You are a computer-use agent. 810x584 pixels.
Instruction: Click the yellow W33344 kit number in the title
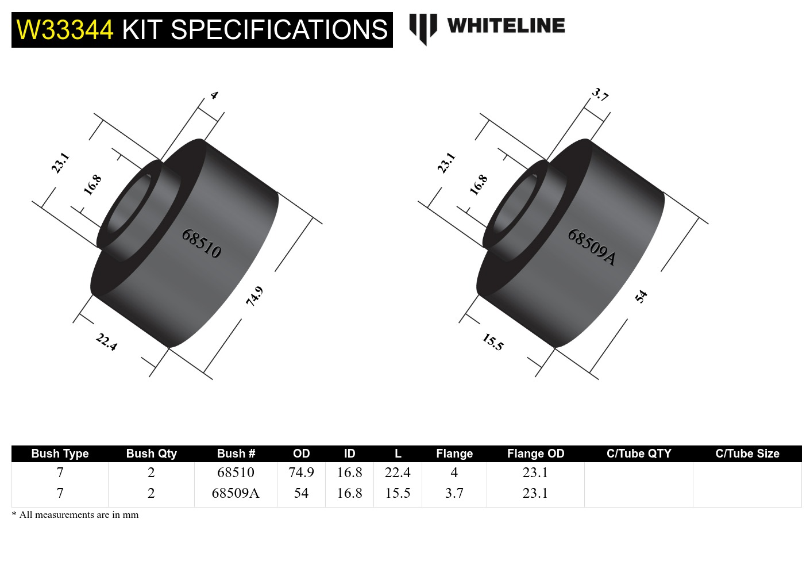click(x=65, y=30)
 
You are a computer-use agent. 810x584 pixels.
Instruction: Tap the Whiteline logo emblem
click(x=423, y=28)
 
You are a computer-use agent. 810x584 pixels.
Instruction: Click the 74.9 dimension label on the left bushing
click(x=254, y=295)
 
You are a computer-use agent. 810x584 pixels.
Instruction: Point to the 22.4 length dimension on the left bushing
click(x=107, y=342)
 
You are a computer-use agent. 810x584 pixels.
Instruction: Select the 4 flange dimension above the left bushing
click(x=214, y=95)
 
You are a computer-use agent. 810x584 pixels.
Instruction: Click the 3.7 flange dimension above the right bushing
click(x=600, y=94)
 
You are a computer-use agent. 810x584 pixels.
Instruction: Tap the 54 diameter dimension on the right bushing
click(x=641, y=296)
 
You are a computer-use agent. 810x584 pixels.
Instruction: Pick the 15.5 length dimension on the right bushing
click(x=493, y=342)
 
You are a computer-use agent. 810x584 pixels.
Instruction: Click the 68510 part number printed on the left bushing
click(x=202, y=243)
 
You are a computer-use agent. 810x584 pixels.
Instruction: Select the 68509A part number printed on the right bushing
click(x=592, y=247)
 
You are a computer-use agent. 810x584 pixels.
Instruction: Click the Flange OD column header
click(x=535, y=454)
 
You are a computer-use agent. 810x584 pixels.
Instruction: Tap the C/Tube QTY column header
click(x=639, y=454)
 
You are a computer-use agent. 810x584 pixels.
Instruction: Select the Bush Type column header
click(x=60, y=454)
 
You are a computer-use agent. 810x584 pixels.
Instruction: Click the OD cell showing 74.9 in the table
click(x=301, y=472)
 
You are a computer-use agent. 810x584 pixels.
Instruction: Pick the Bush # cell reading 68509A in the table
click(x=236, y=493)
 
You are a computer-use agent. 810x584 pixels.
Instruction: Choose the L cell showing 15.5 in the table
click(x=398, y=493)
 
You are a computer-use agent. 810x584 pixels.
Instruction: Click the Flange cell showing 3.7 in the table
click(x=454, y=493)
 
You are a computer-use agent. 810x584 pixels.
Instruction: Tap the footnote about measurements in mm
click(x=75, y=515)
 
